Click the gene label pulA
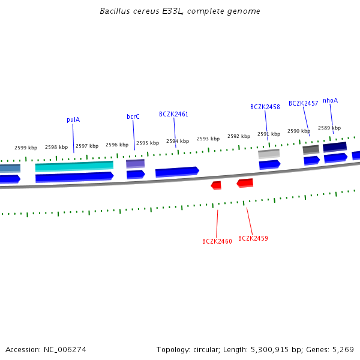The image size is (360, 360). point(73,119)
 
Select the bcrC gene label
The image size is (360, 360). point(133,116)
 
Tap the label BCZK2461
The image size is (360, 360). point(173,114)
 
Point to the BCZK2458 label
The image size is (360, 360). point(265,107)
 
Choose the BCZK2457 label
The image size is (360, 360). point(304,103)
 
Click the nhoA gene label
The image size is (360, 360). point(330,100)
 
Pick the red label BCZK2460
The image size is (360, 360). point(217,241)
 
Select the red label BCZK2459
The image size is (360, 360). point(253,238)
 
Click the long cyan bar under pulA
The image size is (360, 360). point(74,166)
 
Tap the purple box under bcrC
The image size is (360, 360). point(135,163)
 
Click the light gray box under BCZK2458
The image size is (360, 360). point(269,154)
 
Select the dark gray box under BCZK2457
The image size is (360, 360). point(311,149)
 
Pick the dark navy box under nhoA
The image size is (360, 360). point(335,147)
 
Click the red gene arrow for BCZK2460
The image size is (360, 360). point(216,185)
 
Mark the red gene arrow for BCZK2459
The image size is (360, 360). point(245,183)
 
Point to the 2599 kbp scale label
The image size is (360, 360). point(26,148)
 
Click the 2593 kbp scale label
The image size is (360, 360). point(208,139)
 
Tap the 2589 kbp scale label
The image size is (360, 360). point(329,128)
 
